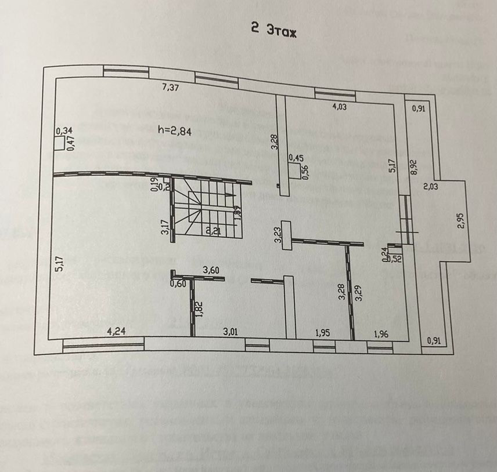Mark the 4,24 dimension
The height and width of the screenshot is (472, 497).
117,331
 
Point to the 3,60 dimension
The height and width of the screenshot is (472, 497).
212,270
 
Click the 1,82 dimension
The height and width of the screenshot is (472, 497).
199,309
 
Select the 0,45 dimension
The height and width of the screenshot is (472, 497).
296,158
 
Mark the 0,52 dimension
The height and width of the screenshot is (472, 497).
395,259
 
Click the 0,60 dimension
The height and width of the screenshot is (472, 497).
178,284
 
